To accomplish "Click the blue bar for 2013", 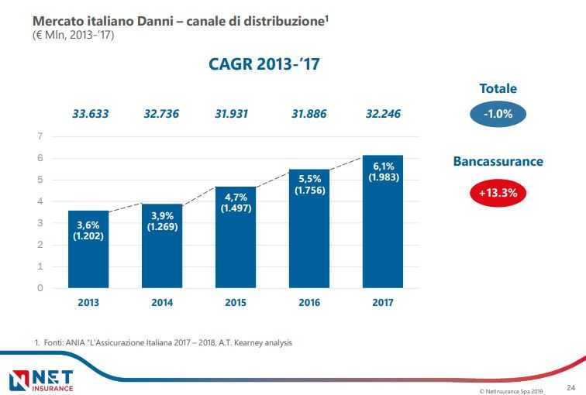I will pos(88,249).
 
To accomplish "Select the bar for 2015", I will pos(236,237).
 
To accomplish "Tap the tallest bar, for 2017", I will pos(382,222).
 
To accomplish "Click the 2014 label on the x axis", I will pos(162,302).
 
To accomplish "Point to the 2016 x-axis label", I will pos(309,302).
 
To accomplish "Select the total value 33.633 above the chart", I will pos(91,114).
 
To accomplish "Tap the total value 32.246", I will pos(384,114).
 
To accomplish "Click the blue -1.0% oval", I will pos(498,114).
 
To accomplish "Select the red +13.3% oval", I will pos(498,193).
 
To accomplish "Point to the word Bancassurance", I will pos(498,162).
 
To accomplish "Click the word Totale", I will pos(498,89).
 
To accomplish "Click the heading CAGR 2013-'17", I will pos(264,65).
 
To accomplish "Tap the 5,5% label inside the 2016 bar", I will pos(309,179).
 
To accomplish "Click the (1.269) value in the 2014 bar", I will pos(162,228).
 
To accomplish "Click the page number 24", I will pos(570,386).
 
